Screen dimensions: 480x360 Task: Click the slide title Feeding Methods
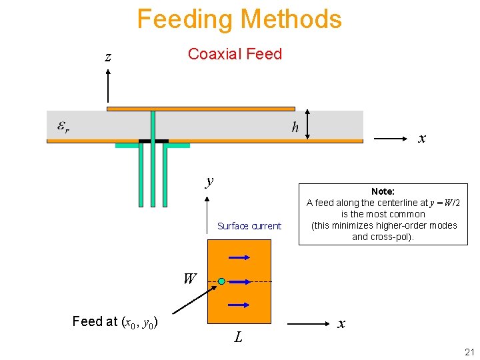(x=239, y=19)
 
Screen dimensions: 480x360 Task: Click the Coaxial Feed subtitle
(x=235, y=54)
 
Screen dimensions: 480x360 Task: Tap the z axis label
(x=108, y=57)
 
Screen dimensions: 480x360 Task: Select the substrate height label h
(x=295, y=127)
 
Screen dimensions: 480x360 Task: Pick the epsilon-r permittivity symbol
(x=63, y=127)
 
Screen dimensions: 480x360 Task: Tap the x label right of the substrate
(x=421, y=139)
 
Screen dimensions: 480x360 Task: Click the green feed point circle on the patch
(x=221, y=281)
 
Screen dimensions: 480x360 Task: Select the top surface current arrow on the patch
(x=239, y=257)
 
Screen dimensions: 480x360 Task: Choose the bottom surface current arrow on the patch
(x=239, y=305)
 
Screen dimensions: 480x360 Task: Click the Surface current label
(x=249, y=226)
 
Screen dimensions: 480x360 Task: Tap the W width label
(x=189, y=279)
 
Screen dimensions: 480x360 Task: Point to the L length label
(x=238, y=337)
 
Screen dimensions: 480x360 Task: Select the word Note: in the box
(x=383, y=191)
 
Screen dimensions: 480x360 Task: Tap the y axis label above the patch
(x=209, y=181)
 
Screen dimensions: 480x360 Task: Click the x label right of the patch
(x=341, y=324)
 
